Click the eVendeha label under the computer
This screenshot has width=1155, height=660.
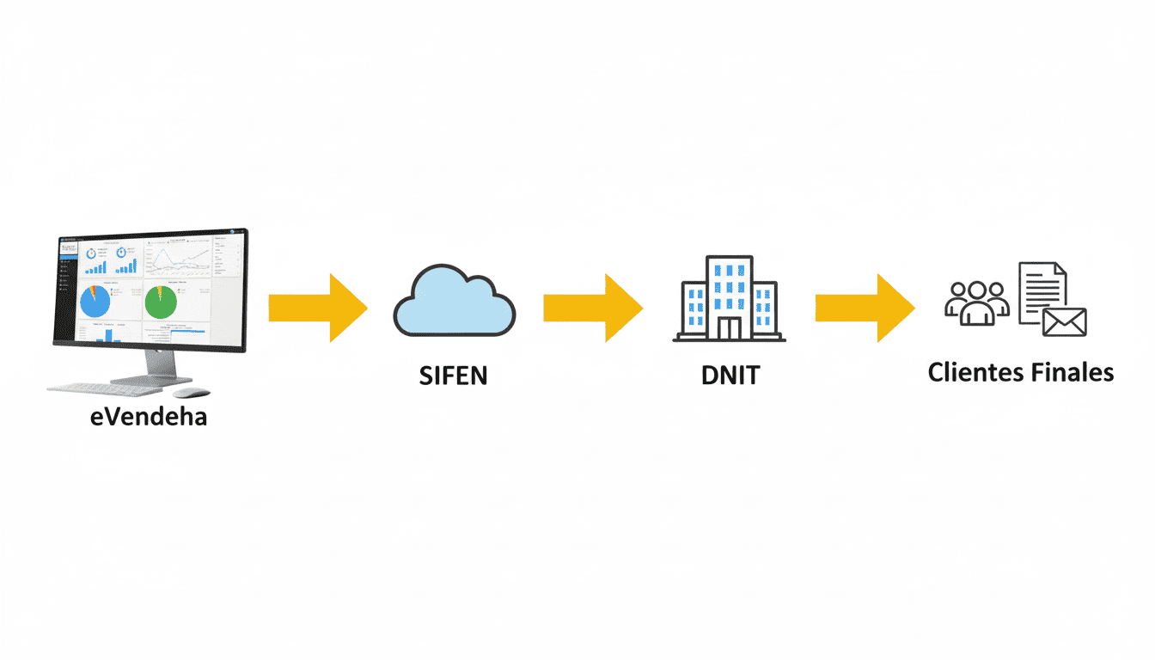pyautogui.click(x=149, y=419)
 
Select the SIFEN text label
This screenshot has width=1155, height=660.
pyautogui.click(x=453, y=376)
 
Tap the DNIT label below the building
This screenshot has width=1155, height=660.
pyautogui.click(x=729, y=376)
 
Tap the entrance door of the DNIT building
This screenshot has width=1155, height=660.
pyautogui.click(x=729, y=327)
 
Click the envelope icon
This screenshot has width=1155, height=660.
pyautogui.click(x=1065, y=321)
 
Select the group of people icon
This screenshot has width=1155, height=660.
pyautogui.click(x=976, y=302)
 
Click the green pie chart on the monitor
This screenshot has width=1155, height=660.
pyautogui.click(x=161, y=302)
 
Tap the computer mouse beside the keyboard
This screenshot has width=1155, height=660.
pyautogui.click(x=191, y=393)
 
